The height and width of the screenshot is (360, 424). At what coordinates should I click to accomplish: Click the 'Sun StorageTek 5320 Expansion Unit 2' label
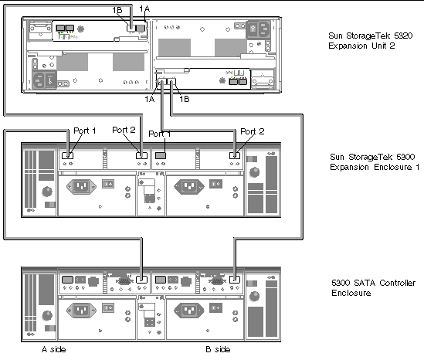click(x=371, y=41)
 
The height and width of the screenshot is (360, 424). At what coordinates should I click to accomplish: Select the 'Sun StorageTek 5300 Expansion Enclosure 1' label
click(x=375, y=161)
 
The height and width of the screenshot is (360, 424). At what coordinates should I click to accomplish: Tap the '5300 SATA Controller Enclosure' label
click(x=374, y=288)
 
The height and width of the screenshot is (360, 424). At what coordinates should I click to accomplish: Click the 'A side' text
click(x=53, y=349)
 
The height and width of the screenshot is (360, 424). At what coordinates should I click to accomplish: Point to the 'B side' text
click(x=218, y=349)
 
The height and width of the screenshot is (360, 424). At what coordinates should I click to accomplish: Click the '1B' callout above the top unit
click(x=117, y=10)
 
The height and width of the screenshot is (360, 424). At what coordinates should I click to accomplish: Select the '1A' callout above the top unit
click(x=144, y=9)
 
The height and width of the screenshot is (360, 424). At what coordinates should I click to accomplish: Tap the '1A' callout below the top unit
click(x=150, y=99)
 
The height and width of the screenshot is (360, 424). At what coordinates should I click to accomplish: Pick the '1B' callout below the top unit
click(x=185, y=99)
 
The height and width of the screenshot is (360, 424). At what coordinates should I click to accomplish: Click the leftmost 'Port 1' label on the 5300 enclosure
click(x=85, y=131)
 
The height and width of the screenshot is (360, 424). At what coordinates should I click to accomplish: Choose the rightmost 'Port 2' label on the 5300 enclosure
click(x=253, y=131)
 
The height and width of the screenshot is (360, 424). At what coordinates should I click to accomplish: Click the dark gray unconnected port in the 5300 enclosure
click(x=161, y=155)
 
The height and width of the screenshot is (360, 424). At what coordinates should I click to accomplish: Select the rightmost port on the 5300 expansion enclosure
click(x=235, y=155)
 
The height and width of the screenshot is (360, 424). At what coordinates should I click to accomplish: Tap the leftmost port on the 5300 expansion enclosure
click(x=67, y=155)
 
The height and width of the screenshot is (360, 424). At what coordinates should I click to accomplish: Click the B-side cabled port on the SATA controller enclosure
click(x=235, y=280)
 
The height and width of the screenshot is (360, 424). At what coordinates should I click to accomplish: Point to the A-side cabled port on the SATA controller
click(x=141, y=280)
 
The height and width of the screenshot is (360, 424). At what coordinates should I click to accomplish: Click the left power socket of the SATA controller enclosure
click(x=81, y=310)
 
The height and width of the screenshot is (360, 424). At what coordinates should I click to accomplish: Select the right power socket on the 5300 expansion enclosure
click(x=189, y=186)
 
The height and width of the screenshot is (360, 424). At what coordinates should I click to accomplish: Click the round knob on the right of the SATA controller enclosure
click(x=254, y=296)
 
